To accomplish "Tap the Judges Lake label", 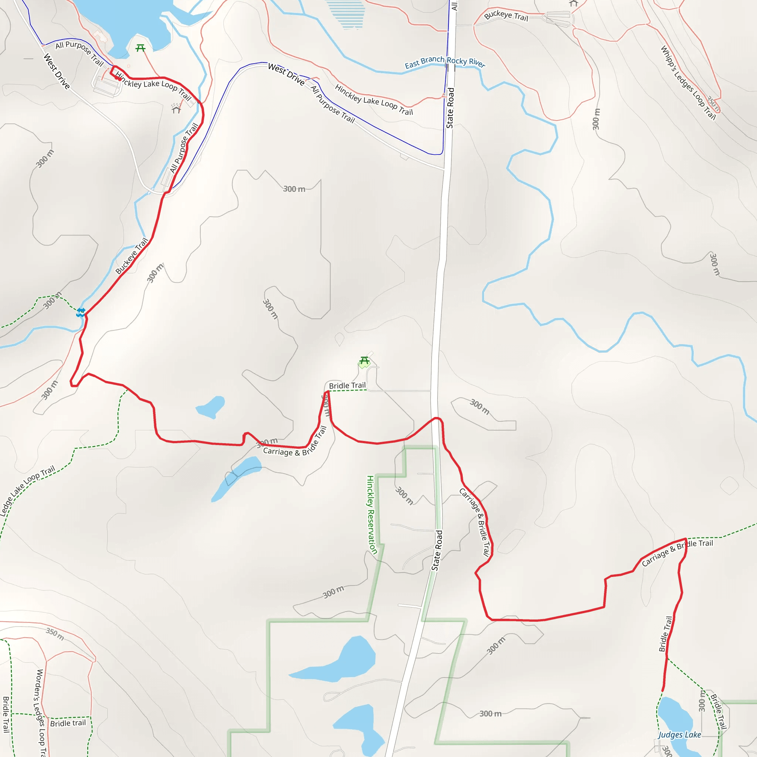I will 679,735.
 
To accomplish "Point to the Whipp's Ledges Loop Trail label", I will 688,83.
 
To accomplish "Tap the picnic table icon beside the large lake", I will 140,48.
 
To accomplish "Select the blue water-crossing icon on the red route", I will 81,312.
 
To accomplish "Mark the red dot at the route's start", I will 119,79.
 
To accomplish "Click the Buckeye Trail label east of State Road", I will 506,16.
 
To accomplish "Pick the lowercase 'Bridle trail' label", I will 68,723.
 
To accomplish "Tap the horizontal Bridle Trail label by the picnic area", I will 347,386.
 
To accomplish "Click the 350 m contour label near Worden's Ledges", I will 55,634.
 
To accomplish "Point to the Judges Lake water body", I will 675,716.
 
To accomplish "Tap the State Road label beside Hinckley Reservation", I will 437,550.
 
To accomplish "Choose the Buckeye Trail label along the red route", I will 132,256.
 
